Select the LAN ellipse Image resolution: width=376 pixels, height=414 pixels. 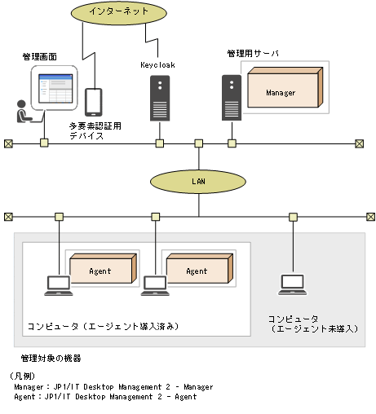pyautogui.click(x=198, y=181)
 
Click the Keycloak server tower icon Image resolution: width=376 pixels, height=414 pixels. pyautogui.click(x=160, y=97)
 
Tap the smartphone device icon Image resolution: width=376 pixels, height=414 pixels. pyautogui.click(x=95, y=102)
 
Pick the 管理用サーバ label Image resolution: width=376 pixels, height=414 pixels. pyautogui.click(x=253, y=53)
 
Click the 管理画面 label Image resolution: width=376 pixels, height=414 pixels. pyautogui.click(x=39, y=58)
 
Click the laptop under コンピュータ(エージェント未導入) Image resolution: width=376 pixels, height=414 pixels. pyautogui.click(x=292, y=284)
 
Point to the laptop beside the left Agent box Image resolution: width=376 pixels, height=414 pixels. pyautogui.click(x=57, y=284)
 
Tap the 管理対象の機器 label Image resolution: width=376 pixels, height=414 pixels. pyautogui.click(x=51, y=358)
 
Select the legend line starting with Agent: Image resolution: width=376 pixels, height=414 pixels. pyautogui.click(x=105, y=397)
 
